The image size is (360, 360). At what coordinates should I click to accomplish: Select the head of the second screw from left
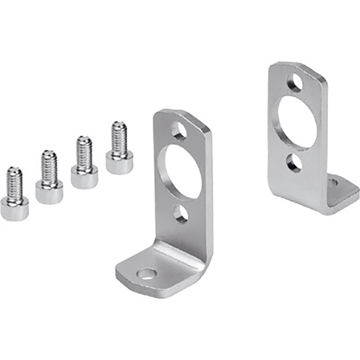pyautogui.click(x=49, y=192)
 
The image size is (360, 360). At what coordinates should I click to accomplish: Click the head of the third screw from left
pyautogui.click(x=84, y=178)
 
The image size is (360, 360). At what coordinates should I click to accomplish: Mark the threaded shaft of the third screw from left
pyautogui.click(x=84, y=153)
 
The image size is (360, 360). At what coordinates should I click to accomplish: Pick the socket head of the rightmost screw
pyautogui.click(x=119, y=162)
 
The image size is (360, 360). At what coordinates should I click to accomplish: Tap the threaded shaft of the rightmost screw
pyautogui.click(x=119, y=138)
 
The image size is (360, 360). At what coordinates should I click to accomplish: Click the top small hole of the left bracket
pyautogui.click(x=179, y=131)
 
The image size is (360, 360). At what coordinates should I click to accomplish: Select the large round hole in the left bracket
pyautogui.click(x=181, y=172)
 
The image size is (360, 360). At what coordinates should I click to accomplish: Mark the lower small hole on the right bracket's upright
pyautogui.click(x=295, y=162)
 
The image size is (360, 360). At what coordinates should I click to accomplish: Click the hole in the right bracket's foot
pyautogui.click(x=333, y=182)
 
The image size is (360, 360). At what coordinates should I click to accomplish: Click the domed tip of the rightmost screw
pyautogui.click(x=119, y=124)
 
